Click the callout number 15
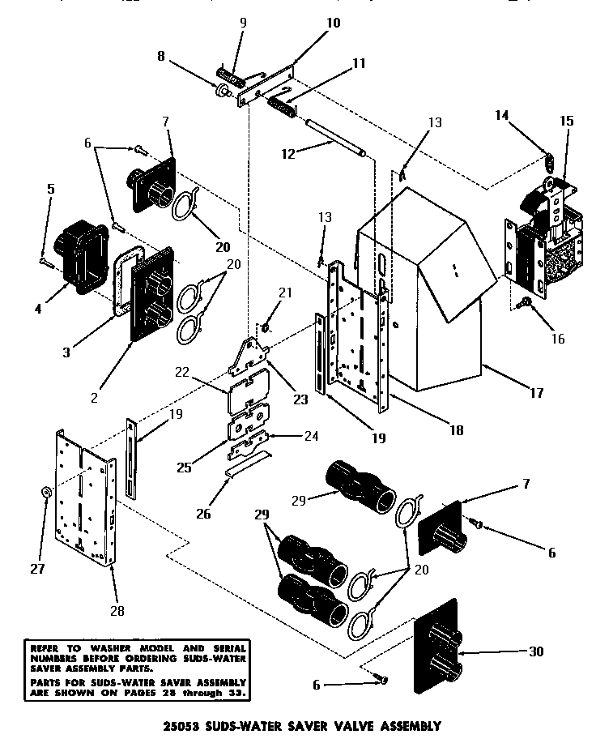click(565, 122)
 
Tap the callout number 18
click(456, 430)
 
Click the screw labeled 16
click(521, 303)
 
